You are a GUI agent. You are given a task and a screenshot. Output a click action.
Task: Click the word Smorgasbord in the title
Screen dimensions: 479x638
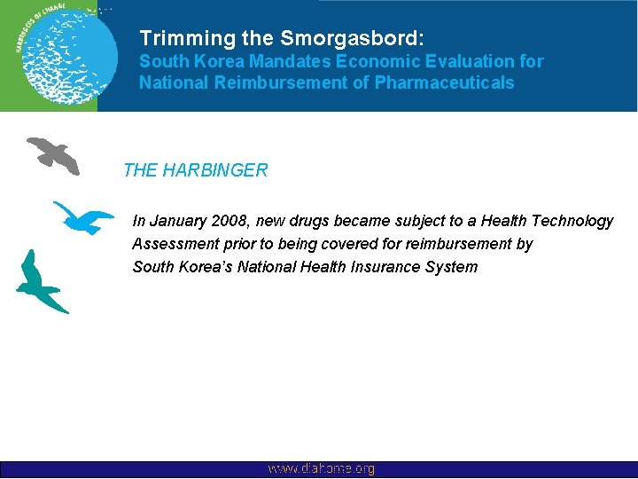(x=353, y=39)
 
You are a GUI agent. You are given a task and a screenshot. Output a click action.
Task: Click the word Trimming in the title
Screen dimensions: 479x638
(x=175, y=39)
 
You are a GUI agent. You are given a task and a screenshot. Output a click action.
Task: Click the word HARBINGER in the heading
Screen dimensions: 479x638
(x=213, y=170)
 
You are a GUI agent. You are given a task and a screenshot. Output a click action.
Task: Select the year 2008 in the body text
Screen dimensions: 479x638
(x=229, y=221)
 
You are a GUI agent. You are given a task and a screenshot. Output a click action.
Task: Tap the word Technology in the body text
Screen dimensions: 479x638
(x=572, y=221)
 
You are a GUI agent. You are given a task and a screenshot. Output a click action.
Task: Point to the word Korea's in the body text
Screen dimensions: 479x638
(x=208, y=267)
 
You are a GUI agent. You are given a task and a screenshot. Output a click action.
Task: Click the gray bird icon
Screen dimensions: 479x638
(x=53, y=154)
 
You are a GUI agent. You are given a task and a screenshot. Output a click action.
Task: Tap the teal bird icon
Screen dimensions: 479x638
(x=41, y=283)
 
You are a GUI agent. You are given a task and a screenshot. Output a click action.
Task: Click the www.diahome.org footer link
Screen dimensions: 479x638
(x=321, y=468)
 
